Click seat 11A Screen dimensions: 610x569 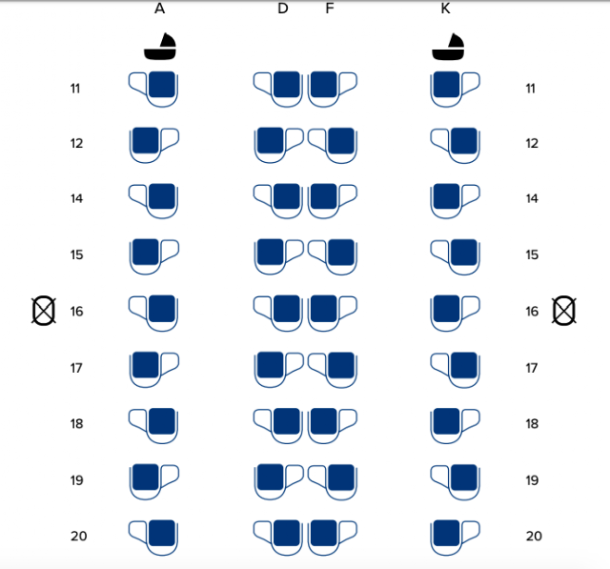tap(153, 89)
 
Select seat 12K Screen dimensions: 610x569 tap(456, 146)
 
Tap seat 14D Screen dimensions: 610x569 tap(278, 201)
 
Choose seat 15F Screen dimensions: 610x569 tap(333, 257)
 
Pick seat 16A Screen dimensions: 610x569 tap(153, 313)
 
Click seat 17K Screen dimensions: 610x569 tap(456, 370)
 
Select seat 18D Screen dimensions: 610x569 tap(278, 425)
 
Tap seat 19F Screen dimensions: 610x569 tap(333, 482)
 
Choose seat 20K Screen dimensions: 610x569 tap(456, 538)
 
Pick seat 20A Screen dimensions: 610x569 tap(153, 538)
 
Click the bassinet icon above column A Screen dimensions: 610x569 tap(160, 47)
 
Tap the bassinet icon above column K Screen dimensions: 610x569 tap(448, 47)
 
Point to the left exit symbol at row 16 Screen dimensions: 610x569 tap(44, 311)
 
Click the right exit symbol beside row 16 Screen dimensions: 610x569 tap(564, 311)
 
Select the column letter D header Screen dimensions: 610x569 tap(283, 9)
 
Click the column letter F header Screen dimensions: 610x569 tap(330, 9)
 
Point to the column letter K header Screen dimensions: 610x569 tap(445, 9)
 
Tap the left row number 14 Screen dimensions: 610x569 tap(76, 199)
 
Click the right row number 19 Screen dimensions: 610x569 tap(532, 480)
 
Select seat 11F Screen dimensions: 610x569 tap(333, 89)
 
